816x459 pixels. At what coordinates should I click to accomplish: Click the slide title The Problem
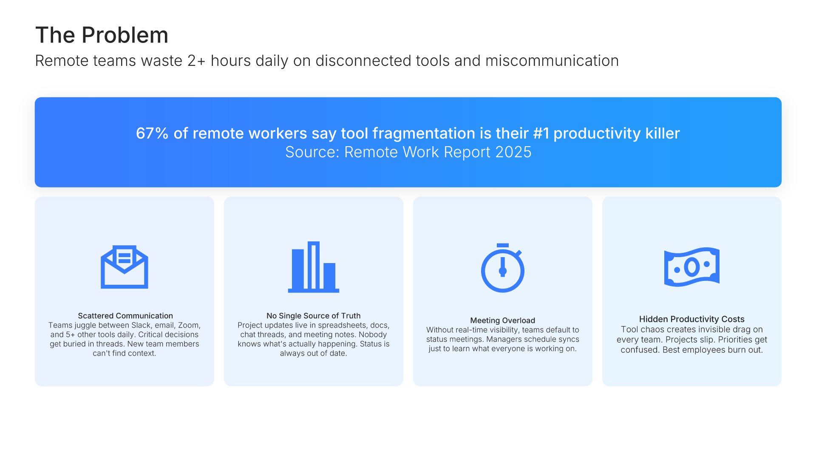pos(102,35)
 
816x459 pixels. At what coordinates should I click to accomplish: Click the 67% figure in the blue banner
pos(152,133)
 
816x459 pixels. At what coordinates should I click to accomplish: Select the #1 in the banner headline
pos(541,133)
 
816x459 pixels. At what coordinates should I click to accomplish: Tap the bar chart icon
pos(314,267)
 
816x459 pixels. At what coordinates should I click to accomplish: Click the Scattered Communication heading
pos(125,316)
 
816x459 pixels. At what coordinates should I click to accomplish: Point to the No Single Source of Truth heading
pos(314,316)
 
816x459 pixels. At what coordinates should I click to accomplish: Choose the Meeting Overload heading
pos(503,320)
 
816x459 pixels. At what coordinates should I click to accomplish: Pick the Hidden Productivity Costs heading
pos(692,319)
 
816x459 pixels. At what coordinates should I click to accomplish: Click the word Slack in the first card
pos(141,325)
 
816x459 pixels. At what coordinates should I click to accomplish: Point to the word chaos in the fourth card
pos(650,329)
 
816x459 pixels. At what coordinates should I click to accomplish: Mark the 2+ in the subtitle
pos(196,61)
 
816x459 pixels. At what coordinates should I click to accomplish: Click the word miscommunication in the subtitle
pos(552,61)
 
